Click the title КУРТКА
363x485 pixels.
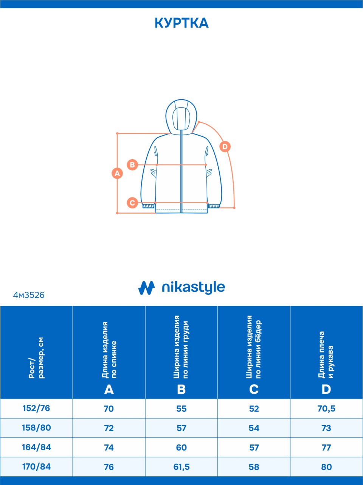click(181, 23)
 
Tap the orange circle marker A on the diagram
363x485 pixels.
click(117, 173)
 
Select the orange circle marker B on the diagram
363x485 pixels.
click(132, 165)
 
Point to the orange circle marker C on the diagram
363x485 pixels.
click(132, 203)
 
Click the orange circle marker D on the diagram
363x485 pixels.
click(225, 146)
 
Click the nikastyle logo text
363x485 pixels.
click(193, 288)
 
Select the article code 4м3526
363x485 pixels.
click(29, 295)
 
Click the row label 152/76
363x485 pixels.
click(36, 408)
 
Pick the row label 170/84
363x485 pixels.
click(36, 466)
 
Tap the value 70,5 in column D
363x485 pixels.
click(326, 408)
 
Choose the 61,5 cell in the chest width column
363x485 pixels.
click(181, 467)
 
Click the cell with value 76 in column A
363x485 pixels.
click(109, 467)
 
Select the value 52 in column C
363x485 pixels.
click(254, 408)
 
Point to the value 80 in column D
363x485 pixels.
click(326, 467)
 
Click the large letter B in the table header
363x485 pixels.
click(181, 389)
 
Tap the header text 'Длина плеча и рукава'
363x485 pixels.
click(326, 355)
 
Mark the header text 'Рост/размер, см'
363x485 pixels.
click(36, 358)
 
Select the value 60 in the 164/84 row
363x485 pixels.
click(181, 447)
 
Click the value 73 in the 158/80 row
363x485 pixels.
click(326, 428)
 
